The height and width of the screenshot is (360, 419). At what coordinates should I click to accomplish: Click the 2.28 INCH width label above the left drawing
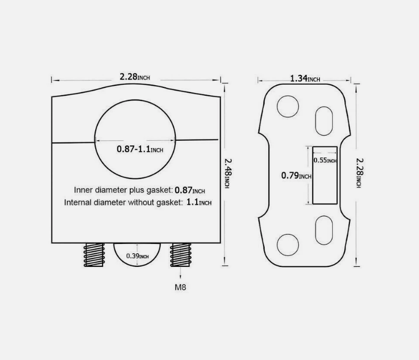click(x=134, y=77)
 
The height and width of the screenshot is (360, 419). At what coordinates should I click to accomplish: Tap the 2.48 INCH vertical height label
click(x=228, y=173)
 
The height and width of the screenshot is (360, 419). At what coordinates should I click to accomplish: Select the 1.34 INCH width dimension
click(x=305, y=78)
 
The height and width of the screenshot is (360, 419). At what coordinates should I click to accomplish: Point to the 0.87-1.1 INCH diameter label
click(x=140, y=149)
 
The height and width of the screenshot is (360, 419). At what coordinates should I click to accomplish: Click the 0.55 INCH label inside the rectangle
click(x=325, y=160)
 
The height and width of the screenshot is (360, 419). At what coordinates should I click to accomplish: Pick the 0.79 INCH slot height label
click(x=297, y=176)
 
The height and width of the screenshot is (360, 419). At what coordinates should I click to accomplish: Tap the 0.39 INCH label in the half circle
click(x=138, y=256)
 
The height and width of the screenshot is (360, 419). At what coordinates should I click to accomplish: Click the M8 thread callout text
click(x=180, y=287)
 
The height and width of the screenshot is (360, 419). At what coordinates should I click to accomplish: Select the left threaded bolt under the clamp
click(x=94, y=255)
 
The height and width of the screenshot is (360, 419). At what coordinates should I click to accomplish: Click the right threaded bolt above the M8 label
click(x=180, y=255)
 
